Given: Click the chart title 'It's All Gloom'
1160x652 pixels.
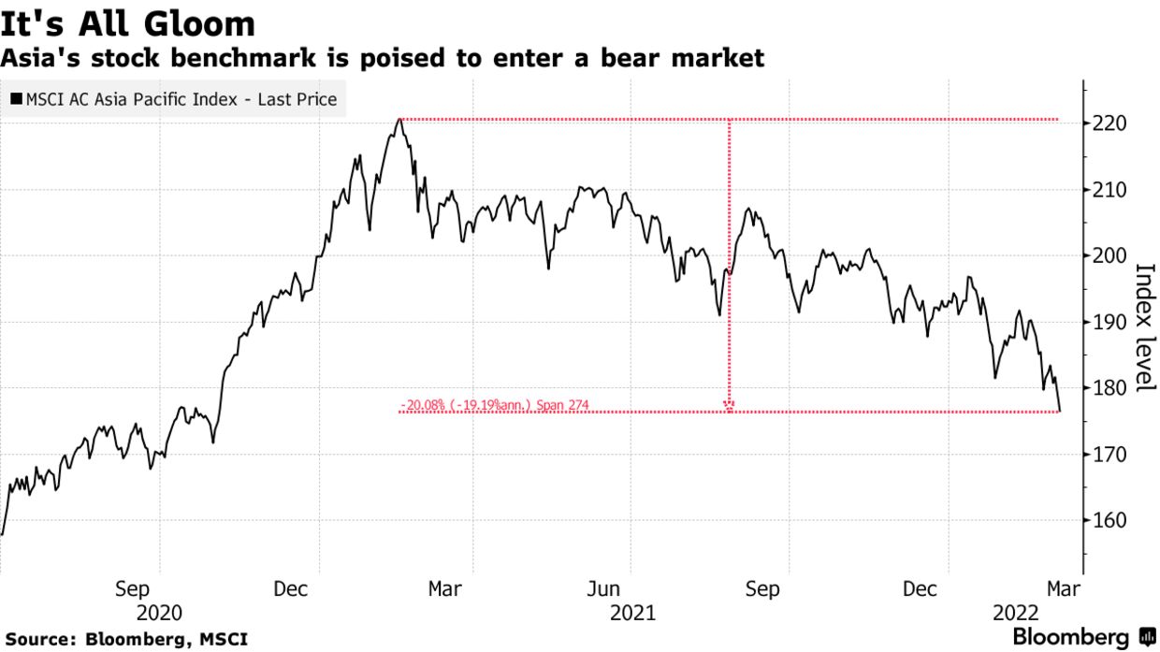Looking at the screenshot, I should click(x=128, y=23).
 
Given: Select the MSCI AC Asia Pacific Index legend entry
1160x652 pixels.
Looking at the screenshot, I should click(x=174, y=98).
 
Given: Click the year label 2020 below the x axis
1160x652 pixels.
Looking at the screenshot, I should click(x=160, y=613).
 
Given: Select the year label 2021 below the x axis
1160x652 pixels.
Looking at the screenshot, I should click(x=632, y=613).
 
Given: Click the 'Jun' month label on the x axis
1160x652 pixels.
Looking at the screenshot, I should click(x=603, y=589).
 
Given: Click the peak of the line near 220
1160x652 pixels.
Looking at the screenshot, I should click(x=399, y=119).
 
